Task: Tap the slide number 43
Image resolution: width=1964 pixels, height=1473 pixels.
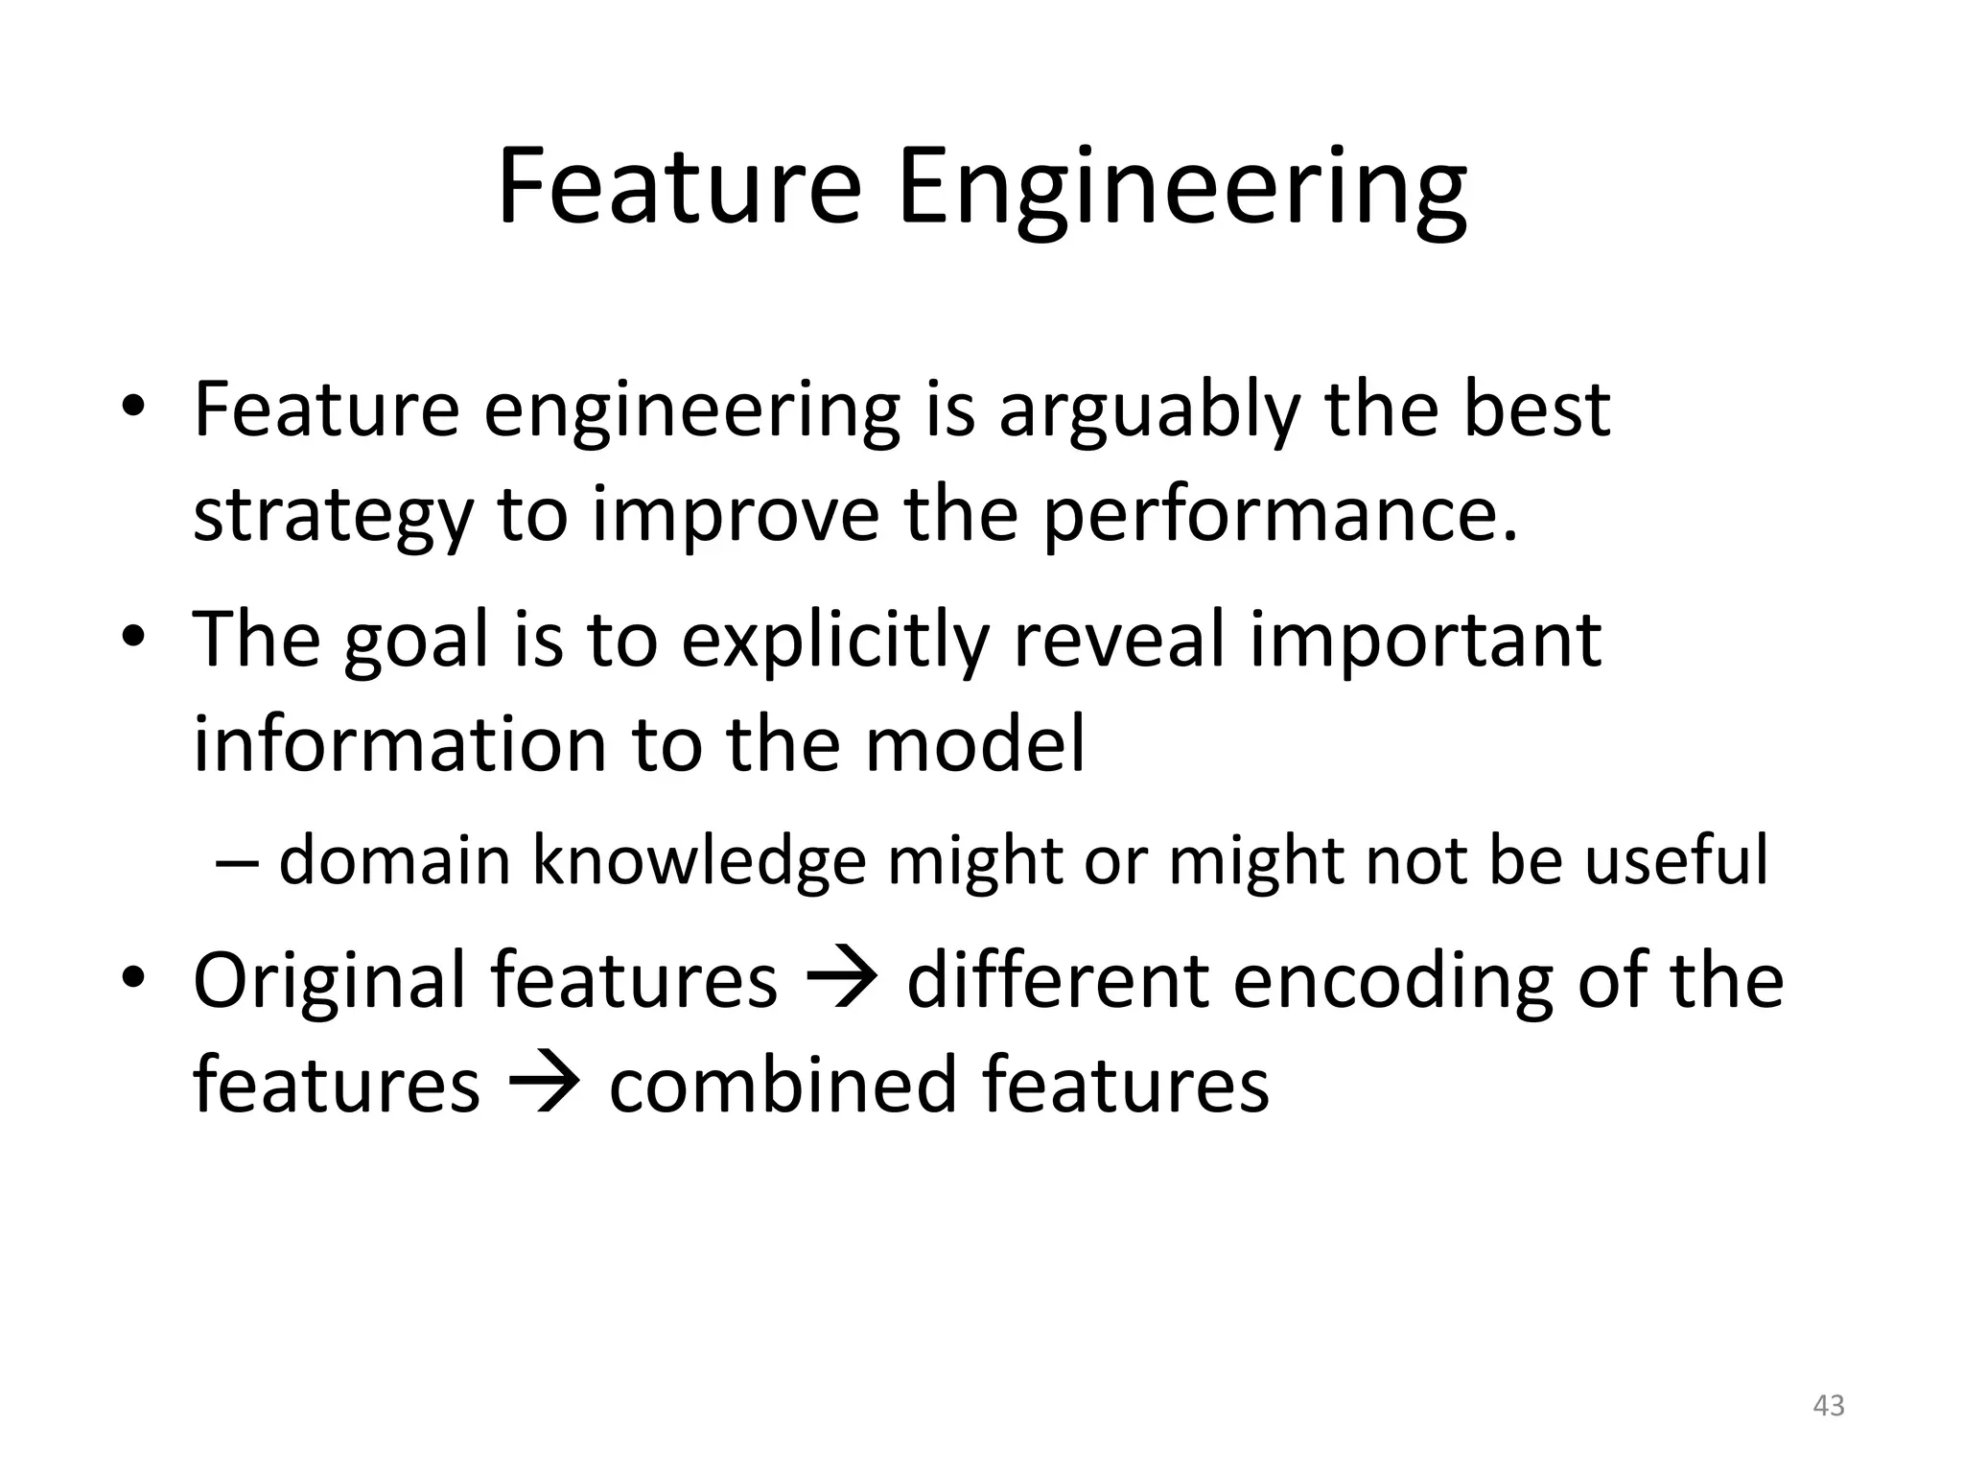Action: pyautogui.click(x=1829, y=1406)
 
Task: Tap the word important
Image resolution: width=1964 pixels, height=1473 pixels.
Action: pyautogui.click(x=1425, y=640)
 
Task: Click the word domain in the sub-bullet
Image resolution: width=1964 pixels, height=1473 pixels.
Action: pyautogui.click(x=394, y=859)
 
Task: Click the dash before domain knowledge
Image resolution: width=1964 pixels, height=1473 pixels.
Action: pyautogui.click(x=237, y=861)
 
